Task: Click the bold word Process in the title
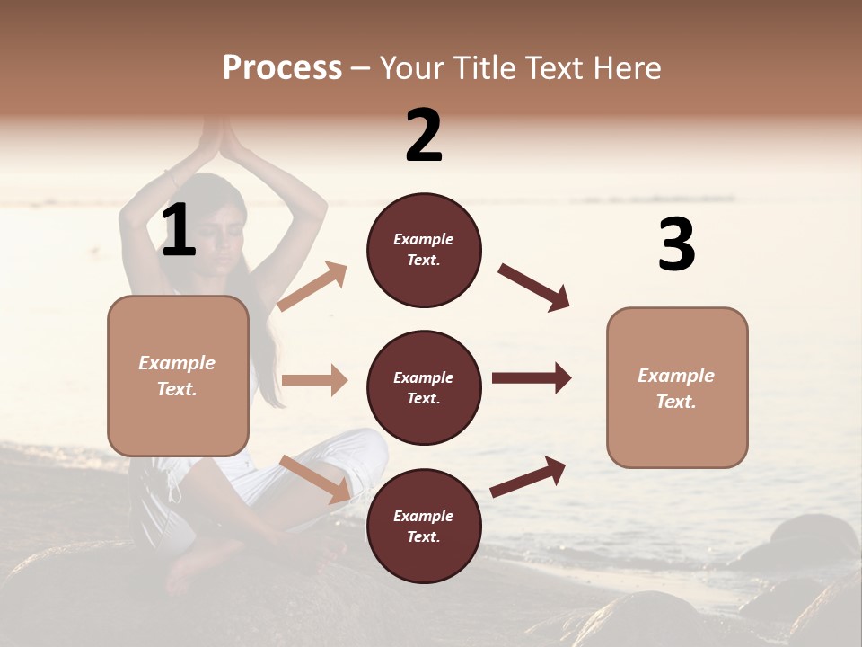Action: coord(282,68)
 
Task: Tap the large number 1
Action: coord(179,230)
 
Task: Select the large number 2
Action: coord(424,137)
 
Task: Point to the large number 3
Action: coord(676,245)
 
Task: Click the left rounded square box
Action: coord(178,376)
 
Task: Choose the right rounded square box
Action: coord(677,388)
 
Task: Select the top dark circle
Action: coord(424,250)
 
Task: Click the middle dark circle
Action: coord(424,388)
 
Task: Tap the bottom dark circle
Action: coord(424,527)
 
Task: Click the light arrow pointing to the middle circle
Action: coord(314,380)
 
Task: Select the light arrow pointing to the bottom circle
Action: coord(315,478)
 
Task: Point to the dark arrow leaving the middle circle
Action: coord(531,378)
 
